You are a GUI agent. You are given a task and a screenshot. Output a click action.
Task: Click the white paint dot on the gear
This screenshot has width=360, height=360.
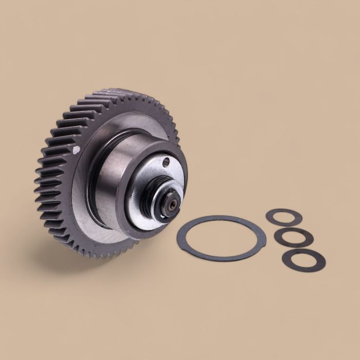point(76,150)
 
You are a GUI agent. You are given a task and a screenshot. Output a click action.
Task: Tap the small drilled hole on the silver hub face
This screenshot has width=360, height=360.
point(166,164)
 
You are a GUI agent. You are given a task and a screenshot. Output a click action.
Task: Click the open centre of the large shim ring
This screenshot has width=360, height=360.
point(221,238)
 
